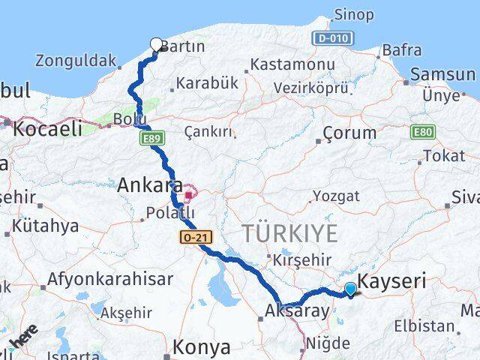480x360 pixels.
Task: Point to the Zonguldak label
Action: (76, 61)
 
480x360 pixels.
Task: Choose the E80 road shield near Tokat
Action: (421, 132)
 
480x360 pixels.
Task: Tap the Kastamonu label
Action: (292, 64)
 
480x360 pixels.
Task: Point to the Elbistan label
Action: (428, 326)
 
